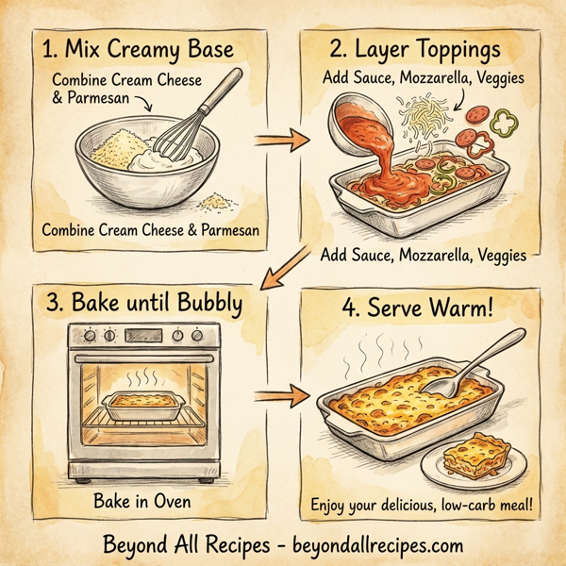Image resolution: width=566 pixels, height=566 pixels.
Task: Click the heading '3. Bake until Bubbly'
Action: tap(143, 304)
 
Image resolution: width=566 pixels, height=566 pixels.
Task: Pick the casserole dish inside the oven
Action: tap(141, 407)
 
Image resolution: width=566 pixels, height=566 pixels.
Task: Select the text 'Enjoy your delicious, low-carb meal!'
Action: tap(422, 507)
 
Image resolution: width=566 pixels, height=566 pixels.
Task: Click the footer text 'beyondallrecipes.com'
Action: tap(367, 545)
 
